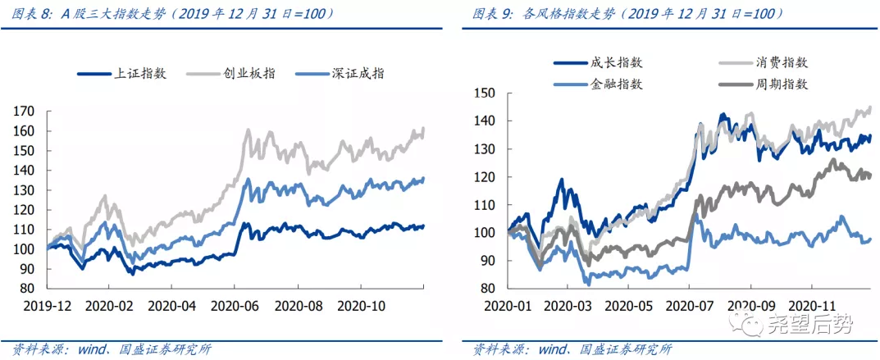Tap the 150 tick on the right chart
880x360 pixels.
[x=484, y=93]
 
